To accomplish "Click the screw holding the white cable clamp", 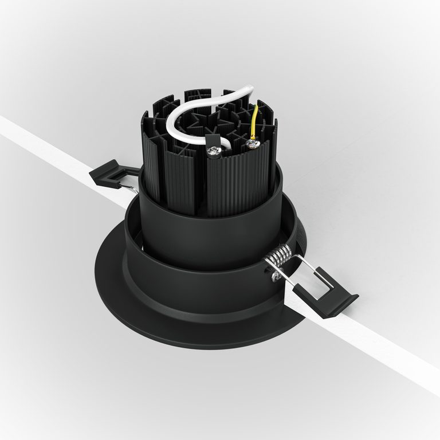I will click(214, 152).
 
